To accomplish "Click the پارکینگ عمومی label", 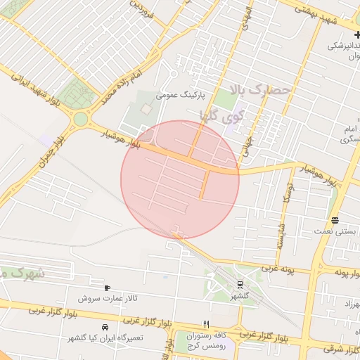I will coord(199,93).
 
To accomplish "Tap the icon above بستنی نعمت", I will coord(336,219).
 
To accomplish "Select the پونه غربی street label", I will coord(287,269).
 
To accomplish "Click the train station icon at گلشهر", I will coord(240,285).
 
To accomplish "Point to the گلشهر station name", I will coord(241,297).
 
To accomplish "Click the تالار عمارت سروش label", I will coord(108,299).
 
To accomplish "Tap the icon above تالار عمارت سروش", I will coord(107,288).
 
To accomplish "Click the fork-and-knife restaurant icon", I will coord(206,324).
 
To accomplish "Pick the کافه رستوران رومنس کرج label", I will coord(207,340).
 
